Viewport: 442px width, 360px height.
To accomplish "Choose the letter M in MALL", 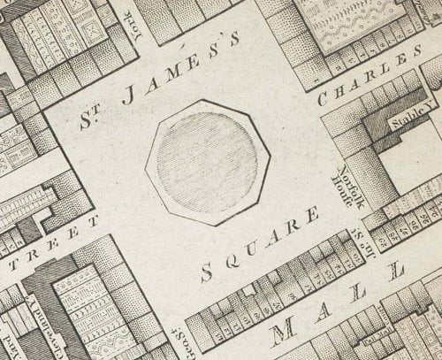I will [286, 333].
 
